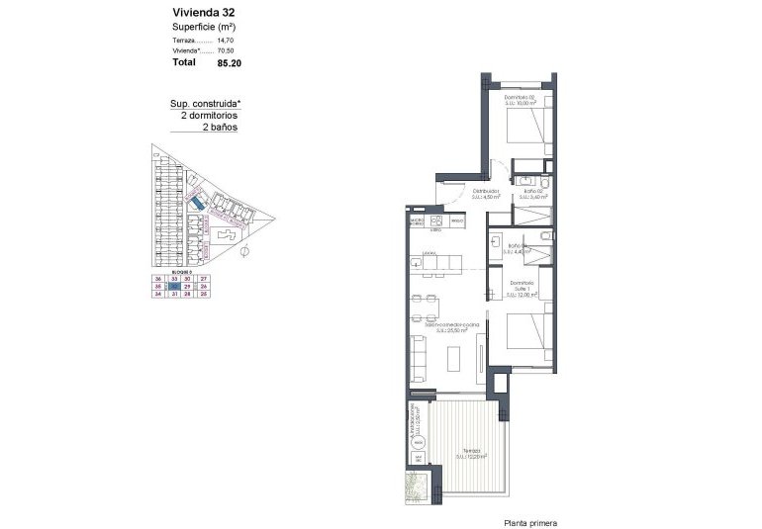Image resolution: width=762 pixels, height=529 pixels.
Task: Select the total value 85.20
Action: [229, 62]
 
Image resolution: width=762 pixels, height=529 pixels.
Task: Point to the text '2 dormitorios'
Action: [209, 115]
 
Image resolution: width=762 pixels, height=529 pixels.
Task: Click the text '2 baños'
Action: [220, 128]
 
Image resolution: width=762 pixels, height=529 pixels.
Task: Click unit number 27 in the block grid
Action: [204, 280]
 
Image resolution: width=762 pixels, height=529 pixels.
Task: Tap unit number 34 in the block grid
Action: [157, 294]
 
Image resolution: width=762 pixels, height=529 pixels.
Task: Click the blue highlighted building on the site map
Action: [197, 202]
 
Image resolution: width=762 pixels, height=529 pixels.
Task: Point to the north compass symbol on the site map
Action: [243, 252]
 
